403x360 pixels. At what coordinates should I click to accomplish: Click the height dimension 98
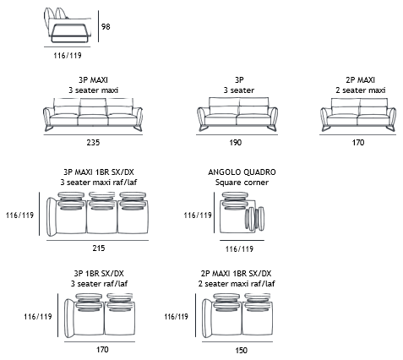click(106, 27)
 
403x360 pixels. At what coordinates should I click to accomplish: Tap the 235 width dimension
click(93, 143)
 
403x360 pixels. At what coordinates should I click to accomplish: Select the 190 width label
click(235, 143)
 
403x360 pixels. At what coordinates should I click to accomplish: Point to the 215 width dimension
click(99, 248)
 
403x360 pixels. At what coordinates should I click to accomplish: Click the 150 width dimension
click(241, 351)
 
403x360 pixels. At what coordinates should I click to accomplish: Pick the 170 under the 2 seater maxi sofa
click(358, 143)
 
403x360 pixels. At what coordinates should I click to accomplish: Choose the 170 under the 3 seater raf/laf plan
click(102, 350)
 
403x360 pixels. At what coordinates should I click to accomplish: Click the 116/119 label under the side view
click(68, 56)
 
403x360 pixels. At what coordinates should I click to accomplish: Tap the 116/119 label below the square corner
click(239, 249)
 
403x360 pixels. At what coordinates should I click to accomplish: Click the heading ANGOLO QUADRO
click(242, 172)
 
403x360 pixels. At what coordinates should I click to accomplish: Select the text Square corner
click(242, 183)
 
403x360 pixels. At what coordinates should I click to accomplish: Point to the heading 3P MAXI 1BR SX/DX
click(99, 172)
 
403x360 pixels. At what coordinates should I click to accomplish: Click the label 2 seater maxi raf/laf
click(237, 284)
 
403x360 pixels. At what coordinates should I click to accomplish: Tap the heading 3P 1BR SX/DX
click(99, 274)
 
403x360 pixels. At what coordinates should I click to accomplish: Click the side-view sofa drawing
click(68, 25)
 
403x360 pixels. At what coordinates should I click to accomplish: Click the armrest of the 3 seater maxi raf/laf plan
click(52, 216)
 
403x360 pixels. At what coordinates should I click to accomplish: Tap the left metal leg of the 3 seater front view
click(204, 128)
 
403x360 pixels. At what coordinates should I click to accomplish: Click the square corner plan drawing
click(242, 213)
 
